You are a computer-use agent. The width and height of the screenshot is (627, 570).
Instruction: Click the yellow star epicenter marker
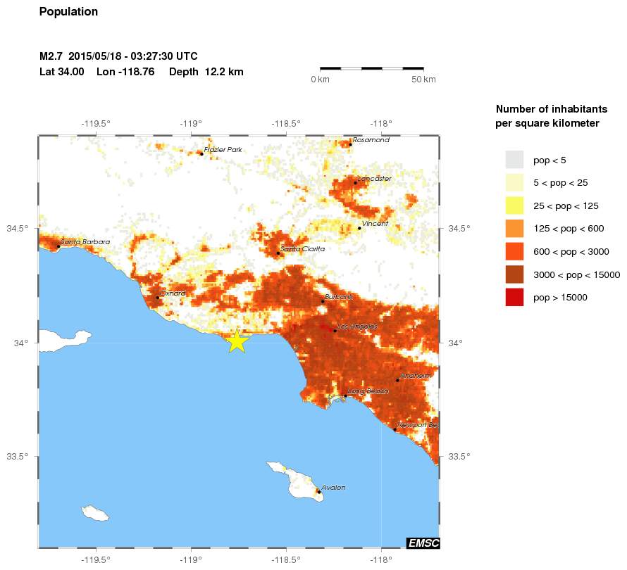point(237,341)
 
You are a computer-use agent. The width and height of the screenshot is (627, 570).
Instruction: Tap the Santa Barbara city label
point(85,242)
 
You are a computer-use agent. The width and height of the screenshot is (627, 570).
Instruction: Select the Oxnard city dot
point(157,298)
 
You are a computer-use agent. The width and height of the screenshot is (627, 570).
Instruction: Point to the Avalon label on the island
point(333,488)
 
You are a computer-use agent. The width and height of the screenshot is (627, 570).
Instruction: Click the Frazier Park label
point(223,149)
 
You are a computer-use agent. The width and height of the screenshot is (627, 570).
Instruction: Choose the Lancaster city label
point(374,179)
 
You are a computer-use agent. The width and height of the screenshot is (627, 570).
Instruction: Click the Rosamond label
point(371,140)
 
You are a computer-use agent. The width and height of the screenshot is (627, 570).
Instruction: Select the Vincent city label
point(375,224)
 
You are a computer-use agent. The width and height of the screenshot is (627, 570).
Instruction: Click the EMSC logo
point(423,543)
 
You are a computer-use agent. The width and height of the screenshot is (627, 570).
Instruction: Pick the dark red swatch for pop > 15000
point(515,297)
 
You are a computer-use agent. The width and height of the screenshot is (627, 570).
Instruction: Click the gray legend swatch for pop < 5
point(515,160)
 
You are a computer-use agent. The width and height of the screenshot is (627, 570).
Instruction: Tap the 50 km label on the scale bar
point(423,80)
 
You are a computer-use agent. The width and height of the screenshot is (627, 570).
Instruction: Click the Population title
point(68,12)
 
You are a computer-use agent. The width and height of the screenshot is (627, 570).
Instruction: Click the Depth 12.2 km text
point(206,72)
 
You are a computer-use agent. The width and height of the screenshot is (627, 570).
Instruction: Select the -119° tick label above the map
point(191,124)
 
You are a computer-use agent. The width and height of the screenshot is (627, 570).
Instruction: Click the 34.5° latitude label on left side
point(18,229)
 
